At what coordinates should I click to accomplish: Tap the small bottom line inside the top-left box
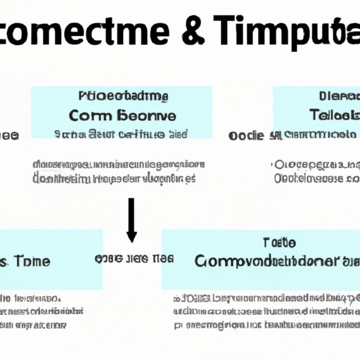click(x=120, y=133)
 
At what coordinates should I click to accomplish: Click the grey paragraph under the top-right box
click(x=316, y=172)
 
